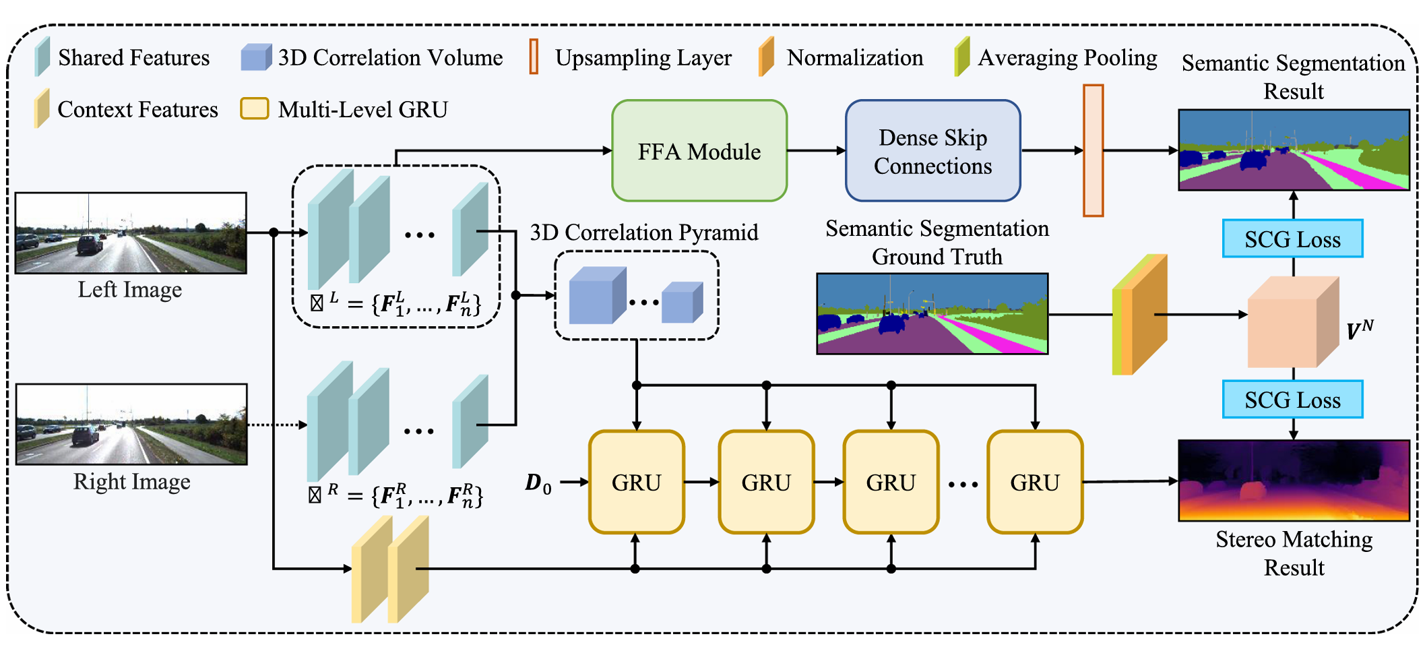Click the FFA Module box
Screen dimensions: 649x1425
699,151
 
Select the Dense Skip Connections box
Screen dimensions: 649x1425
932,151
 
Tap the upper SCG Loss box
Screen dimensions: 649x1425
1292,239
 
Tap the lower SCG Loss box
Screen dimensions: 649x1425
1292,399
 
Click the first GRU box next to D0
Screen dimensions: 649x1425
636,482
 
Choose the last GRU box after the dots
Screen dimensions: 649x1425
1034,482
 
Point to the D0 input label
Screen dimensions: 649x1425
538,483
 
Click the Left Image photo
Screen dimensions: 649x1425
131,233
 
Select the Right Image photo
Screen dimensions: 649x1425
131,424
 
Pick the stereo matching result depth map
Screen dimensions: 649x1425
1294,480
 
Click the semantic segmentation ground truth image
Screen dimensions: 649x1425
932,313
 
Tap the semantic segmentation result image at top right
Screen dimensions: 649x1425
1294,150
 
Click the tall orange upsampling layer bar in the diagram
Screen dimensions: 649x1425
1093,150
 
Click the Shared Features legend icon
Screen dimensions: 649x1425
42,56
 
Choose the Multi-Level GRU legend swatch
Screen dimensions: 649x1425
255,109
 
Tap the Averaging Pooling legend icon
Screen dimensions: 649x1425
961,56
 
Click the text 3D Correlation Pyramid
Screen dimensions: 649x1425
643,233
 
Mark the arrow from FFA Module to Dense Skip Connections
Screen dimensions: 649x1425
816,151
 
